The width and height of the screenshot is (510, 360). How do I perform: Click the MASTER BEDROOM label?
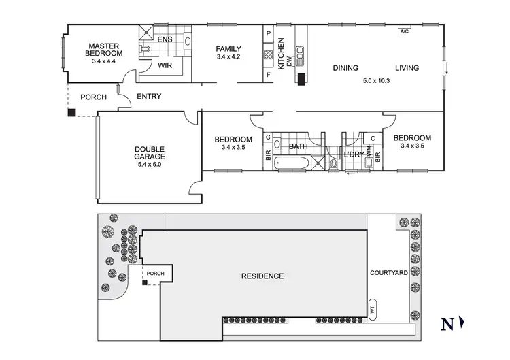104,49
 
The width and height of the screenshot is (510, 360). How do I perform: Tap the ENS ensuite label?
165,39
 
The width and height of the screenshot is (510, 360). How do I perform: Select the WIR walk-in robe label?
165,66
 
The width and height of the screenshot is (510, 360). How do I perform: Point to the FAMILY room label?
228,49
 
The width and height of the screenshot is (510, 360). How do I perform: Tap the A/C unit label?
404,31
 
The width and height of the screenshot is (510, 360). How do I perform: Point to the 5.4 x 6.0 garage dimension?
150,165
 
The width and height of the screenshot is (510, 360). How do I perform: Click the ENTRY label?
149,97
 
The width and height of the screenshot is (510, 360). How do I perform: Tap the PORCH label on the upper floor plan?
93,97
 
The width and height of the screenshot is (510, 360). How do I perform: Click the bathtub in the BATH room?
292,164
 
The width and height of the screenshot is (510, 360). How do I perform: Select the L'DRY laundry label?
354,155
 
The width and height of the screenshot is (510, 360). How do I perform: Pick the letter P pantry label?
269,33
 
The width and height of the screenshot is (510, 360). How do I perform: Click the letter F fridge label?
269,74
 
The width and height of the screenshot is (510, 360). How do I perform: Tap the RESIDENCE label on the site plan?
262,276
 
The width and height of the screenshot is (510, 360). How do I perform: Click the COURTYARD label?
388,273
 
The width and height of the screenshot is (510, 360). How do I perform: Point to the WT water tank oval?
372,308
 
